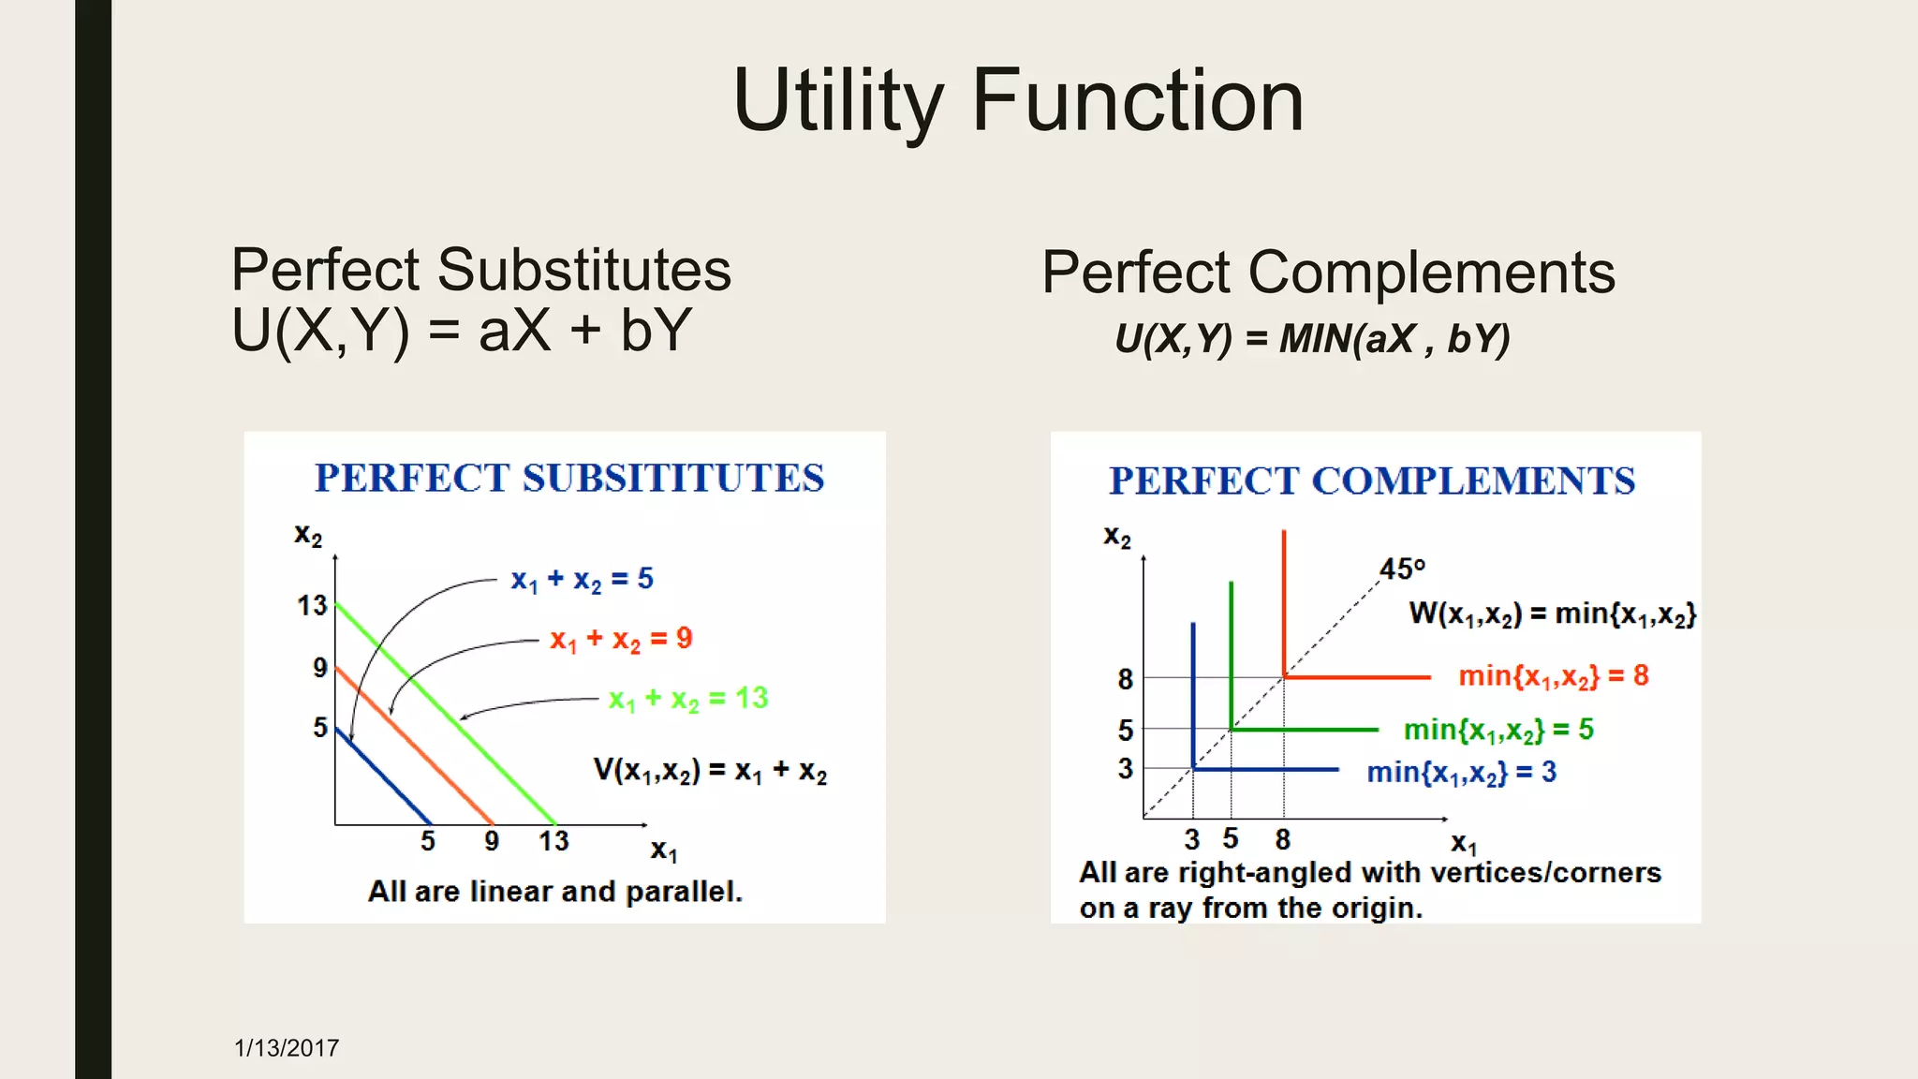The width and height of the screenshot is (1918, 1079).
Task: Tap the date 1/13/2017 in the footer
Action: pos(287,1048)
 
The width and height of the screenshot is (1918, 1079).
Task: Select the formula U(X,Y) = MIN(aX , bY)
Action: pos(1312,338)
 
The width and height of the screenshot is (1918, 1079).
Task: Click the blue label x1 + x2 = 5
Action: pos(582,580)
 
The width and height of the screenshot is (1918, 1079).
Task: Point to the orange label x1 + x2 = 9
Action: pos(621,640)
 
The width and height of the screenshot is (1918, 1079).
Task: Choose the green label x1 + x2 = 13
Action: pos(688,699)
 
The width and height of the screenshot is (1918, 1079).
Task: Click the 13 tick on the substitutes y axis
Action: pos(312,606)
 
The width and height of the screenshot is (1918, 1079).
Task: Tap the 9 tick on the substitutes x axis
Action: pos(492,841)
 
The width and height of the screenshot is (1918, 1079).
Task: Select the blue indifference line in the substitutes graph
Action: pos(384,778)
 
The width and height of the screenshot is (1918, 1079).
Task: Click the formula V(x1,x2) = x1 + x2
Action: pos(710,771)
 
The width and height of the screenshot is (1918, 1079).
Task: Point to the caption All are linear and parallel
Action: pos(554,891)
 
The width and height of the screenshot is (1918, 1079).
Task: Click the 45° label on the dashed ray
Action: pos(1401,569)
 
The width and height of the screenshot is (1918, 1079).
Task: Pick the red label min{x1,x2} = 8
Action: pos(1553,676)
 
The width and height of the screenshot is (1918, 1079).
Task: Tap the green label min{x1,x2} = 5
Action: pos(1498,730)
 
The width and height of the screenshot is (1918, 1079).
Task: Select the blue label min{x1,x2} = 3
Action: pos(1461,773)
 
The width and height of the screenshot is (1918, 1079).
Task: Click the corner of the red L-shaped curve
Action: pos(1284,676)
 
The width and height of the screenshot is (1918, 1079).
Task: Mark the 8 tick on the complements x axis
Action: pos(1283,839)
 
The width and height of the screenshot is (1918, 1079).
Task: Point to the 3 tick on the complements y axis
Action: pos(1125,769)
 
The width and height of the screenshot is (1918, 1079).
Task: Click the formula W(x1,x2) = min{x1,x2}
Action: pos(1552,614)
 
